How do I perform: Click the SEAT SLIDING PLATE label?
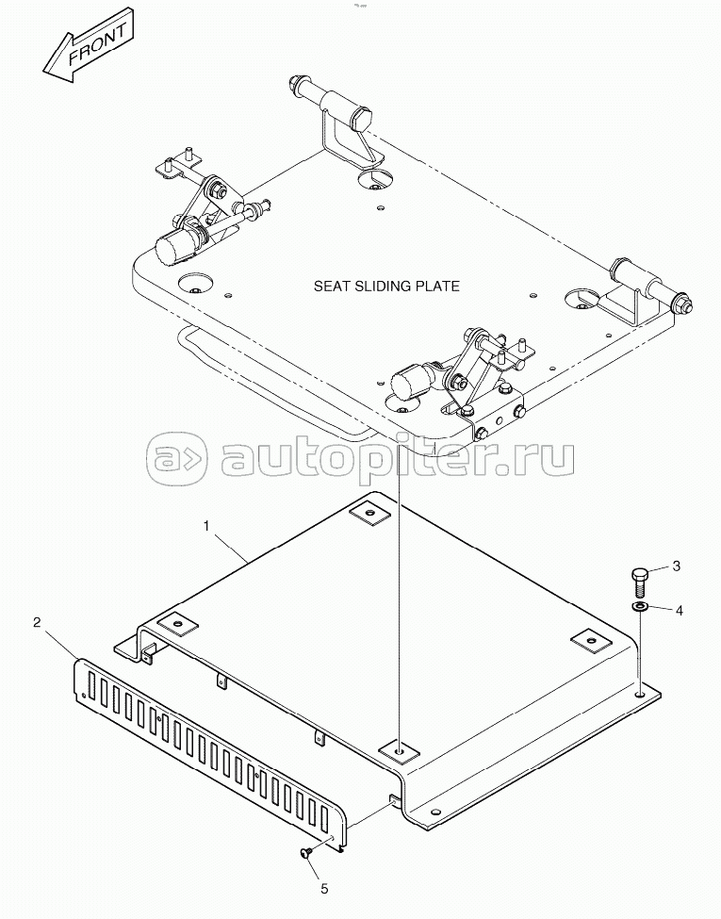tap(386, 286)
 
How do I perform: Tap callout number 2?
tap(36, 622)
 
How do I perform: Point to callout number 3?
tap(675, 566)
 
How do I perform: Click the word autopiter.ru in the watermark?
tap(396, 459)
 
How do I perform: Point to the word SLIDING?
tap(386, 286)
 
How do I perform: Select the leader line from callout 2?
tap(61, 642)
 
